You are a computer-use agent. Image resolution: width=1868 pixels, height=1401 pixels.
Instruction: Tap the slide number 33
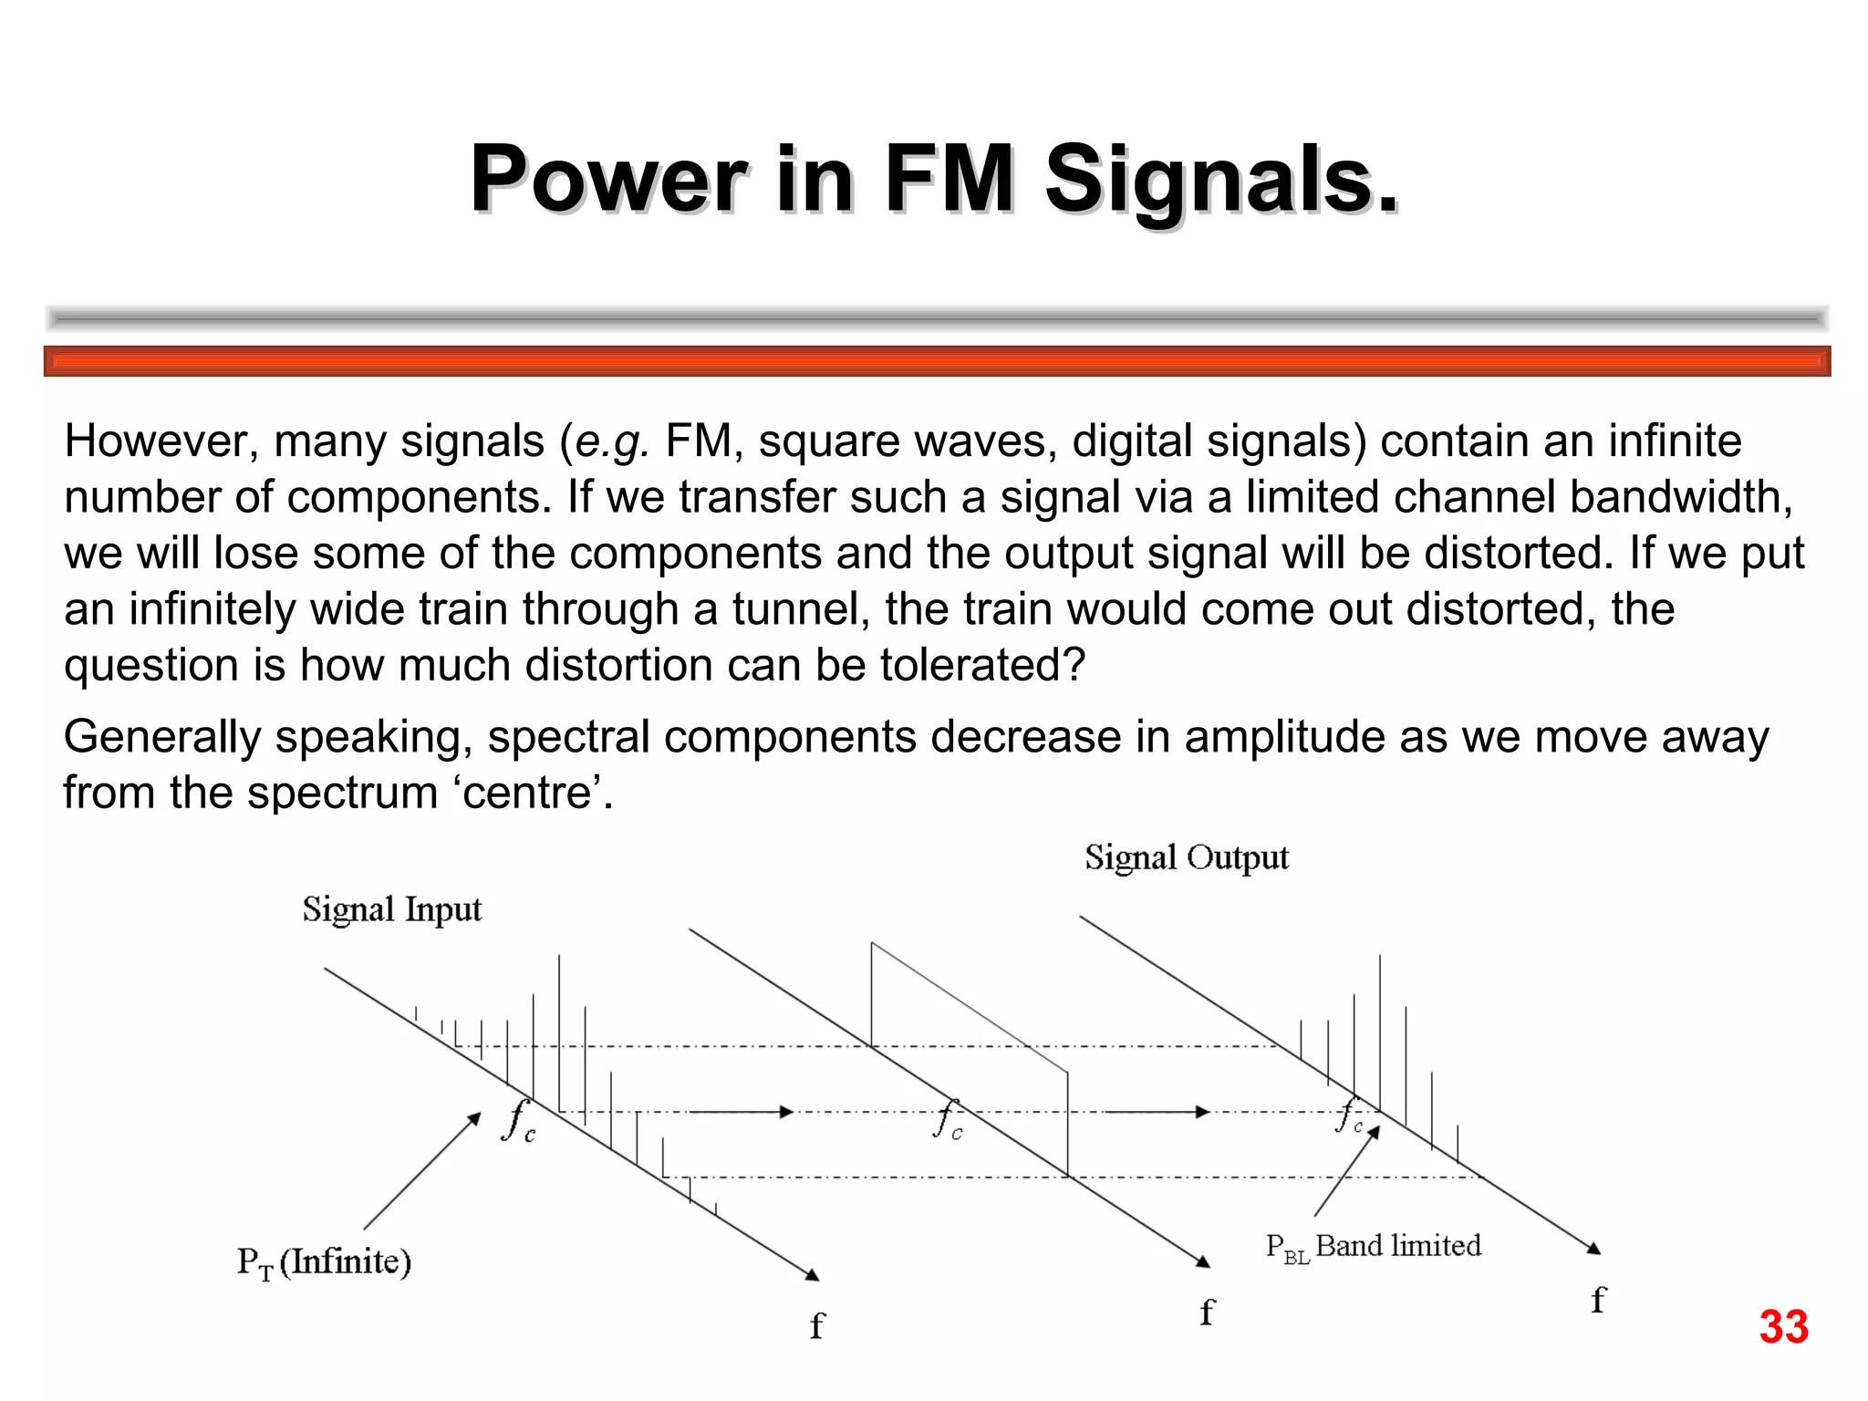(1783, 1327)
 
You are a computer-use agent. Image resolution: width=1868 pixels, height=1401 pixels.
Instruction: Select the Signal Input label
(391, 910)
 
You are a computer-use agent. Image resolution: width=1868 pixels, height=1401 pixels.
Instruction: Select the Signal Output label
(1186, 858)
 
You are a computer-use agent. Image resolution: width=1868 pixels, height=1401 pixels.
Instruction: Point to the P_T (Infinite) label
(324, 1262)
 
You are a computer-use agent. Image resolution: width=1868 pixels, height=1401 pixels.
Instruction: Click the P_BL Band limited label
(1373, 1247)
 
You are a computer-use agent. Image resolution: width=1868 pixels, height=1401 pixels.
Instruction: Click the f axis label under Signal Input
(816, 1325)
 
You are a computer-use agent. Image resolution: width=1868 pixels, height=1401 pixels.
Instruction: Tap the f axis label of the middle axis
(1207, 1313)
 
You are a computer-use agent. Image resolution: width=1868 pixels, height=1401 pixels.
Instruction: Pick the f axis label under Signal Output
(1597, 1300)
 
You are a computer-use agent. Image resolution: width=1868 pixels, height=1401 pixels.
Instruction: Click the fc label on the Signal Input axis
(518, 1121)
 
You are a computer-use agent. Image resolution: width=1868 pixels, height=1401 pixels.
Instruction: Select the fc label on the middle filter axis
(948, 1119)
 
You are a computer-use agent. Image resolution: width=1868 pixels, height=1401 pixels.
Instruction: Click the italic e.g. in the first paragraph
(612, 441)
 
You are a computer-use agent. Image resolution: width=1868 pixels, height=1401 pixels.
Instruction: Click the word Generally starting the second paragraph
(161, 737)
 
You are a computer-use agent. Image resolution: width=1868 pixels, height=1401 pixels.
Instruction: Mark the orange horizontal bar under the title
(937, 361)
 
